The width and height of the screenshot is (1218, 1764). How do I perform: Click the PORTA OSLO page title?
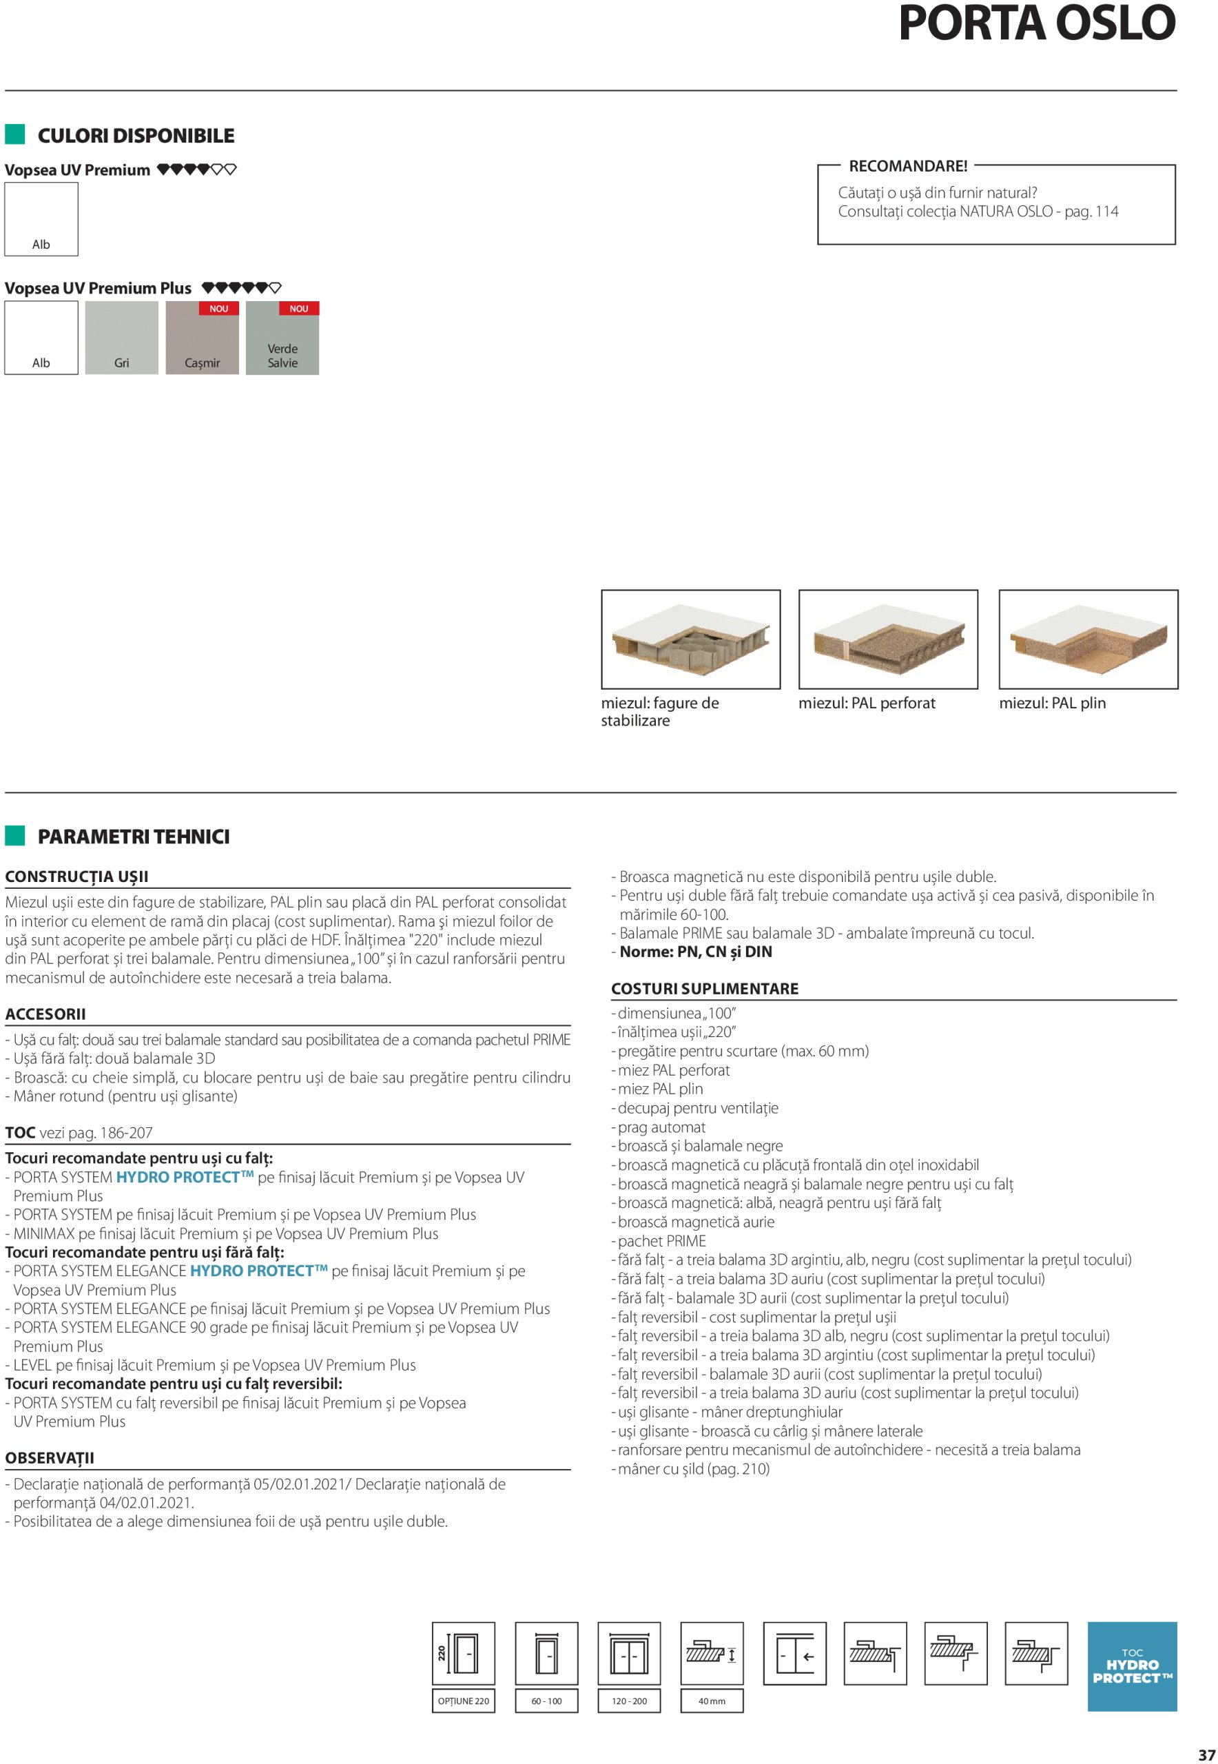click(x=1036, y=23)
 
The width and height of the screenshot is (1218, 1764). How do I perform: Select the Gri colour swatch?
click(x=121, y=338)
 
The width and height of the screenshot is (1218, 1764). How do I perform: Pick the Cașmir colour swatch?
click(x=203, y=338)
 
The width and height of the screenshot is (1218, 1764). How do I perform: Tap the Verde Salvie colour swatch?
click(x=282, y=338)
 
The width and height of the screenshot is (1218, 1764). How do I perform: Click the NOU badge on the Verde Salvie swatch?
click(x=299, y=309)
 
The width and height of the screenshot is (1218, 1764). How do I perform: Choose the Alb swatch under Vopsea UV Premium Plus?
click(x=41, y=338)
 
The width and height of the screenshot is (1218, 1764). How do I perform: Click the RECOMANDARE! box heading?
click(x=907, y=166)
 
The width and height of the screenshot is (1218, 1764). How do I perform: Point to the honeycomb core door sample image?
click(x=691, y=639)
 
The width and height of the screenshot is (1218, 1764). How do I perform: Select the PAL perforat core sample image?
click(x=887, y=639)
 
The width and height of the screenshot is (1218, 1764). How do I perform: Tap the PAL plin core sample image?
click(x=1088, y=639)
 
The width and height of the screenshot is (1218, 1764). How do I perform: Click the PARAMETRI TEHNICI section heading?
click(x=134, y=837)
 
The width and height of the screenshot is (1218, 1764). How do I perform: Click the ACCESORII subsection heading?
click(x=45, y=1014)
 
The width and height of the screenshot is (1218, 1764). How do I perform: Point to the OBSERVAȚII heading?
click(x=50, y=1458)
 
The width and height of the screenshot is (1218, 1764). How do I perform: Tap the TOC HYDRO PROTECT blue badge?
click(x=1132, y=1666)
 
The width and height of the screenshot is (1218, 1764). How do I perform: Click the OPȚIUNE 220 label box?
click(x=463, y=1701)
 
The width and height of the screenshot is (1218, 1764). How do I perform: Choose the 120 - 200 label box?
click(x=629, y=1701)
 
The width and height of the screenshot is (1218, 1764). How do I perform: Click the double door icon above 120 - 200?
click(x=629, y=1653)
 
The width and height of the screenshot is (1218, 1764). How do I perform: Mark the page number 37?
click(x=1206, y=1754)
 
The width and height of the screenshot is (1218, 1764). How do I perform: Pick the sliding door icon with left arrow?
click(x=794, y=1653)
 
